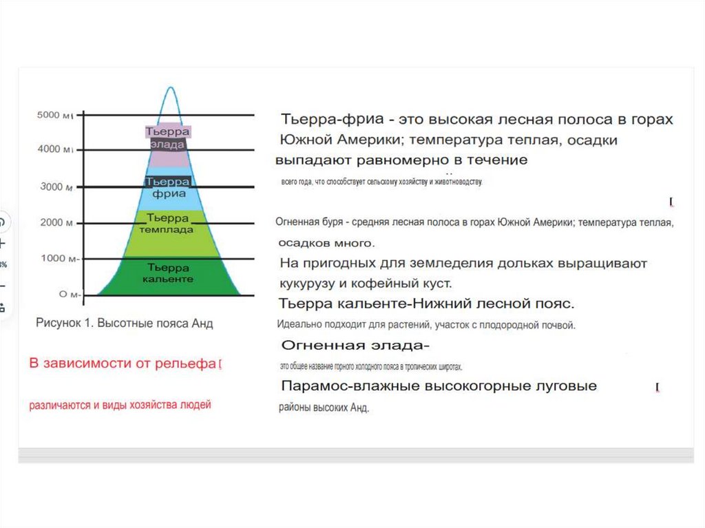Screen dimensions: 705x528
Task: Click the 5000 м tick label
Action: pos(54,115)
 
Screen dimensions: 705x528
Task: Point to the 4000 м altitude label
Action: pos(54,149)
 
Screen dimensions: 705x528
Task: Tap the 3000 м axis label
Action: pos(54,187)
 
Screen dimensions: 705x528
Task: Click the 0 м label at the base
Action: pos(67,294)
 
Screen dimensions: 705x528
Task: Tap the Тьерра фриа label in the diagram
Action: pos(168,187)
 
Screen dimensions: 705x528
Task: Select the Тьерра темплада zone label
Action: pos(167,224)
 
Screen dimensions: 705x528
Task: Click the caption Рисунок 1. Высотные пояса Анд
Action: pos(124,324)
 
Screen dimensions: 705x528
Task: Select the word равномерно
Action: pos(408,160)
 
